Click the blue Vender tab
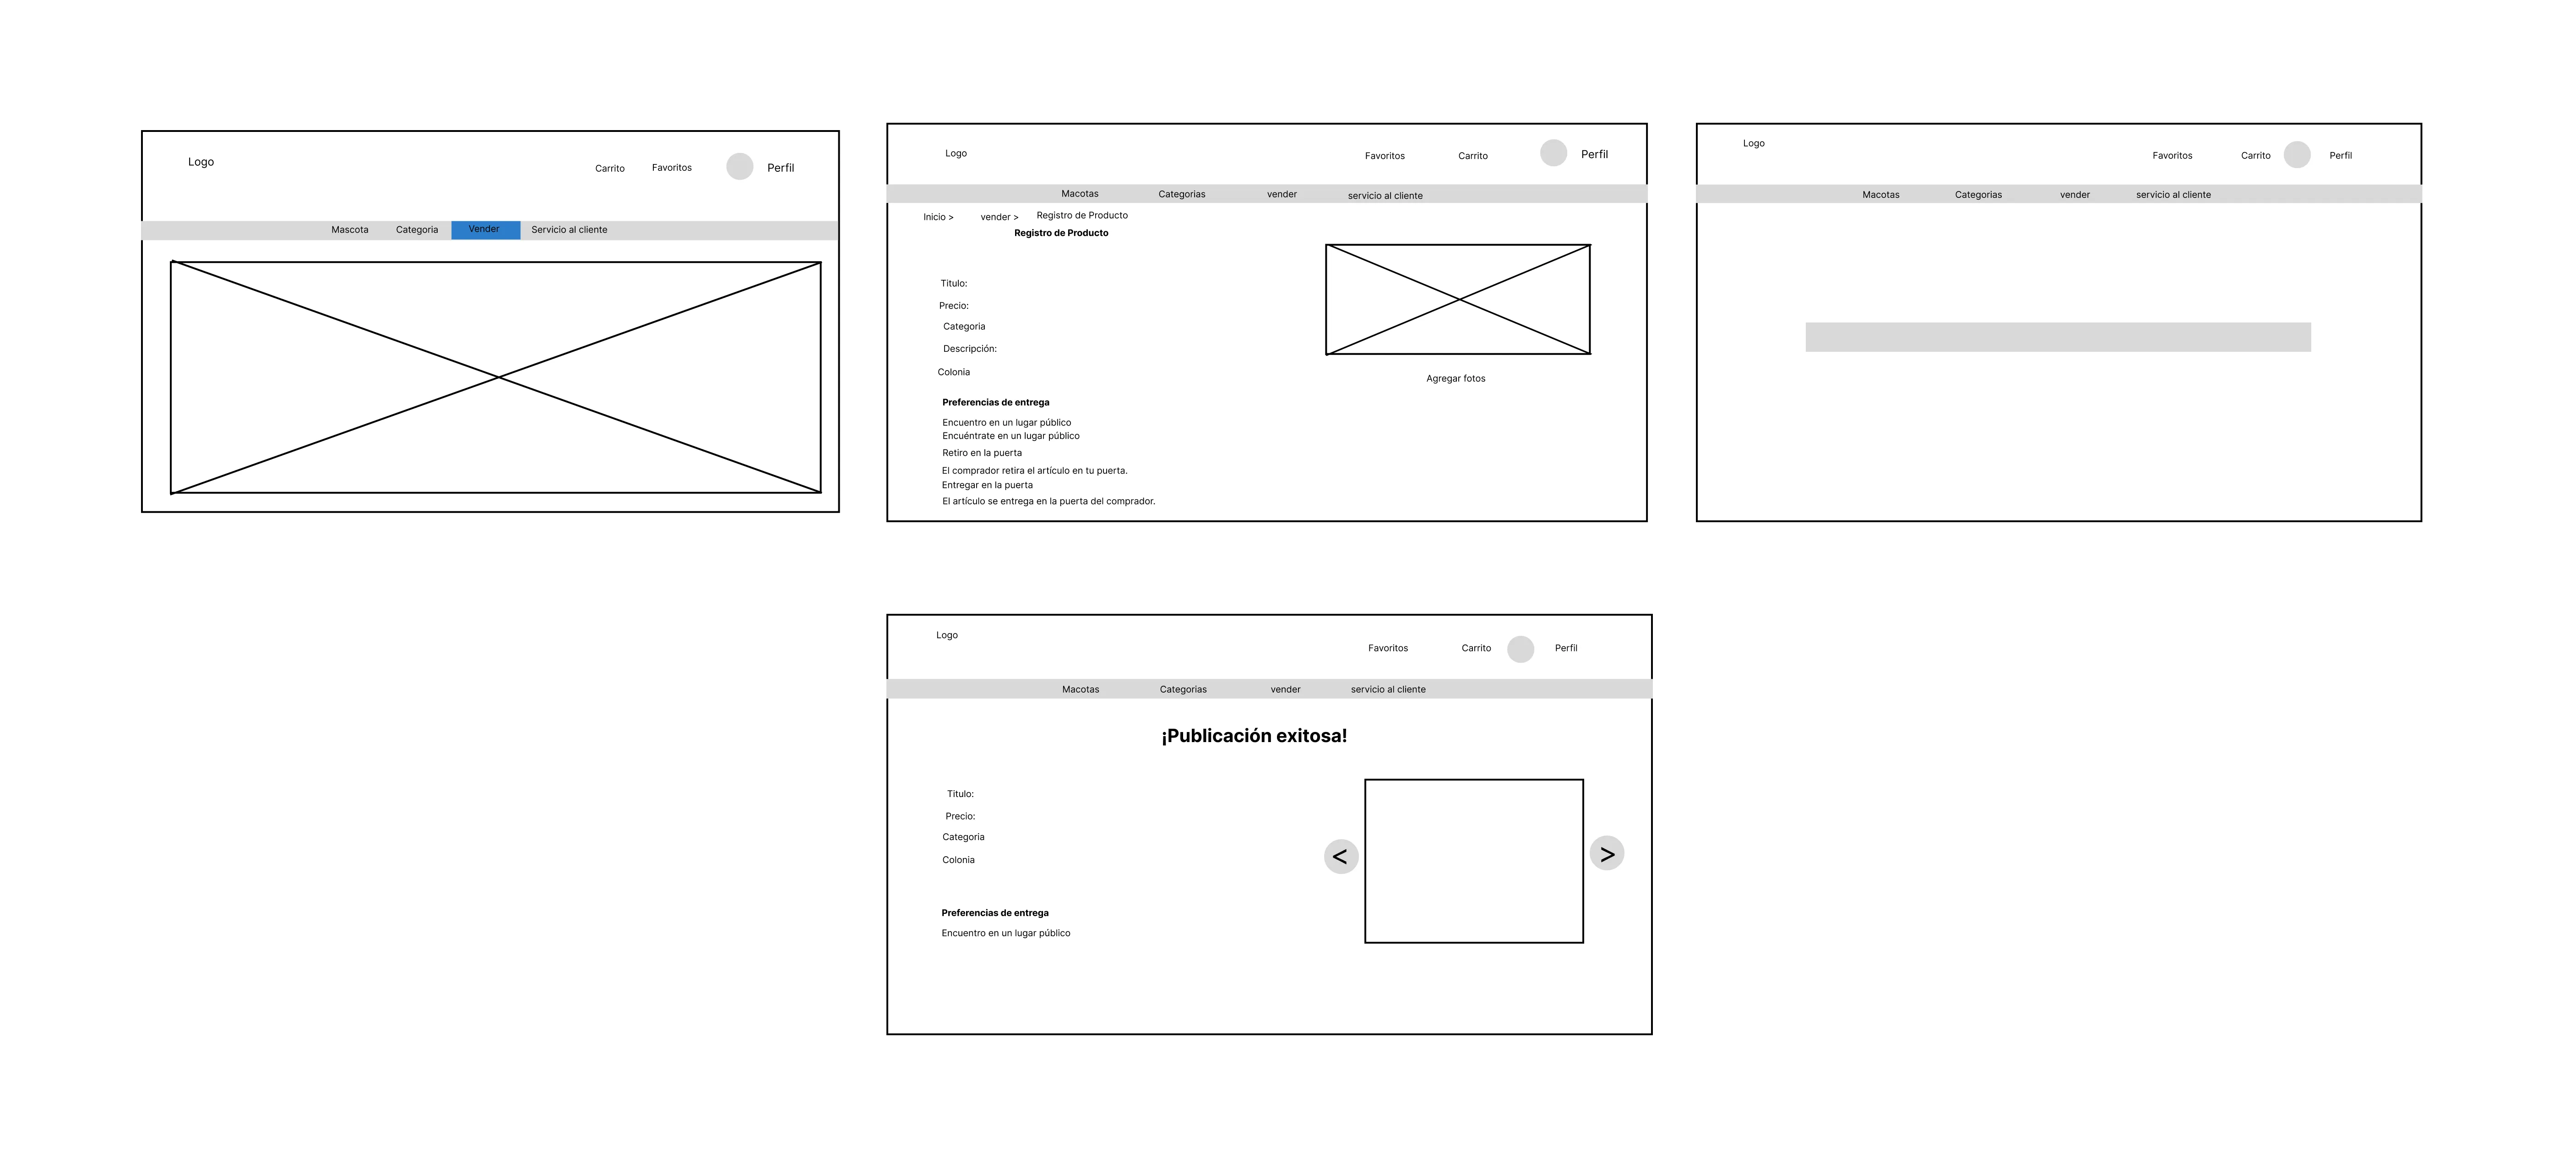(x=485, y=230)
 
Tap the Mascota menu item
(x=349, y=230)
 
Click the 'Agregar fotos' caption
(x=1455, y=378)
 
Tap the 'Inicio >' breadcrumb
(x=938, y=217)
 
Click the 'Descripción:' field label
(x=969, y=349)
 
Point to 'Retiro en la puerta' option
(x=981, y=453)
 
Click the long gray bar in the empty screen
(x=2057, y=337)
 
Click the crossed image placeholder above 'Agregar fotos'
(x=1457, y=299)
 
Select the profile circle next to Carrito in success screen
(x=1520, y=649)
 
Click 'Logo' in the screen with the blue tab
(x=201, y=162)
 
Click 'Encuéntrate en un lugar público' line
(x=1010, y=436)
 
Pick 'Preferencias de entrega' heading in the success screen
(x=994, y=913)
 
